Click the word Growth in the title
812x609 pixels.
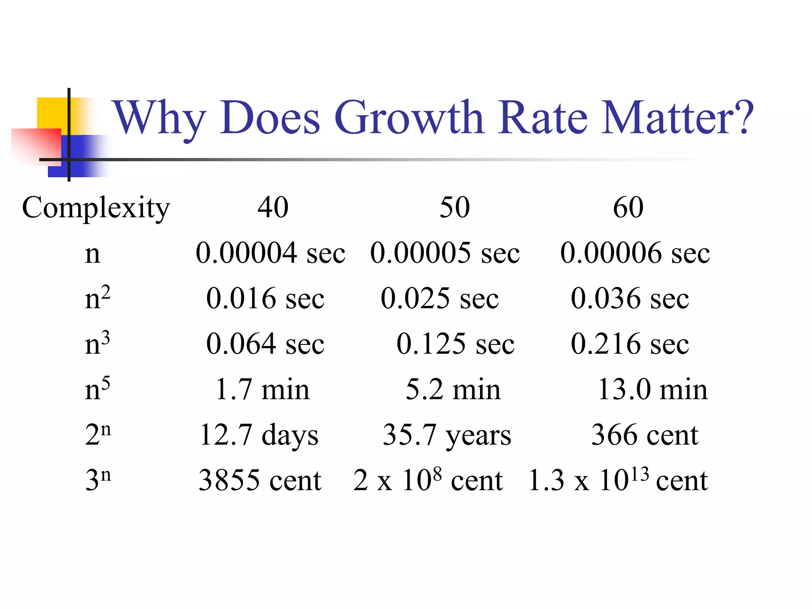[408, 118]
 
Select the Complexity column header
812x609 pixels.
[96, 208]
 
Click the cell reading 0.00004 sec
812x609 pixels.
[270, 253]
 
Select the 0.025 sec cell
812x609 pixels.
[439, 298]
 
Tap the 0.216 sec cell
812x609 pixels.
[630, 344]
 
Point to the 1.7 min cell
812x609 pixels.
[262, 389]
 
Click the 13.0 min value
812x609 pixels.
[652, 389]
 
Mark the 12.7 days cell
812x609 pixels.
[259, 435]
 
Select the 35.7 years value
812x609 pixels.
[447, 435]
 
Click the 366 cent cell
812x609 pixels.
[645, 435]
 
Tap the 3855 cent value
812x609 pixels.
[260, 480]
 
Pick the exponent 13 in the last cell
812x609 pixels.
[640, 474]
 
